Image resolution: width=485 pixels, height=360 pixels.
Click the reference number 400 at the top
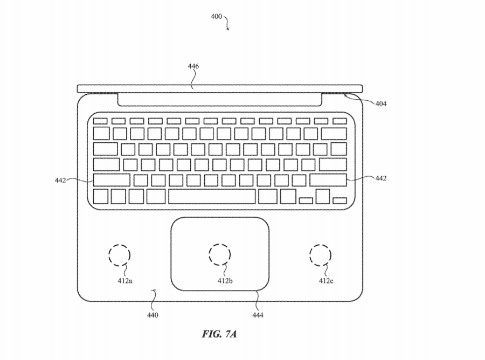tap(216, 17)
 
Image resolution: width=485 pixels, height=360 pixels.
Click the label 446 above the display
tap(193, 66)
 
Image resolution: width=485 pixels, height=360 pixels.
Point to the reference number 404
tap(380, 103)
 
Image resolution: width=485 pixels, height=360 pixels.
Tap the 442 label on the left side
tap(60, 181)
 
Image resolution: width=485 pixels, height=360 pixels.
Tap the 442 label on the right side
tap(380, 178)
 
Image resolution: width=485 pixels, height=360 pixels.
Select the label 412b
tap(225, 280)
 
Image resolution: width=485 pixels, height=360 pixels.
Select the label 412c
tap(325, 280)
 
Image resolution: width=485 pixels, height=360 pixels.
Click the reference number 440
tap(153, 315)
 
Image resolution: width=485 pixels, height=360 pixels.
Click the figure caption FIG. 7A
tap(219, 334)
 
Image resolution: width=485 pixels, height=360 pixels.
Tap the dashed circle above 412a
tap(120, 254)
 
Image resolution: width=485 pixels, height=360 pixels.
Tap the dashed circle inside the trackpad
tap(219, 254)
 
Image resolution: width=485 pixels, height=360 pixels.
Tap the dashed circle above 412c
tap(320, 254)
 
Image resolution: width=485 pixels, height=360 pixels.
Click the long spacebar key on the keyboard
tap(211, 197)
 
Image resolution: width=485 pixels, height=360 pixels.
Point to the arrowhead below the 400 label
tap(228, 29)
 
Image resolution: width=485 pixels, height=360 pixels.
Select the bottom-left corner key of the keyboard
tap(101, 197)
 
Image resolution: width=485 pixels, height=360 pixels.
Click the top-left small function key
tap(100, 120)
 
